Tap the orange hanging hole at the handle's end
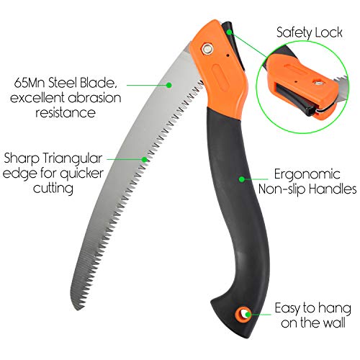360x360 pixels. (x=243, y=314)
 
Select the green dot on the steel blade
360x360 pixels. (x=169, y=85)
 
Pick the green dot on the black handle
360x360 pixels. (x=242, y=179)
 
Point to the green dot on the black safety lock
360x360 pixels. (x=230, y=32)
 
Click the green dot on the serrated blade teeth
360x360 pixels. (x=144, y=159)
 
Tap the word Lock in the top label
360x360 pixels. (x=328, y=32)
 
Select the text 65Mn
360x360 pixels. (x=30, y=84)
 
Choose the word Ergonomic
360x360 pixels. (x=307, y=175)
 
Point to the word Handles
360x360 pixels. (x=332, y=189)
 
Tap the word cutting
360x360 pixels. (x=53, y=189)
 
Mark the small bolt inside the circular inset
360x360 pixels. (x=318, y=84)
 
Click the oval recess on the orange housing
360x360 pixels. (x=220, y=78)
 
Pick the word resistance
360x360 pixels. (x=66, y=112)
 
